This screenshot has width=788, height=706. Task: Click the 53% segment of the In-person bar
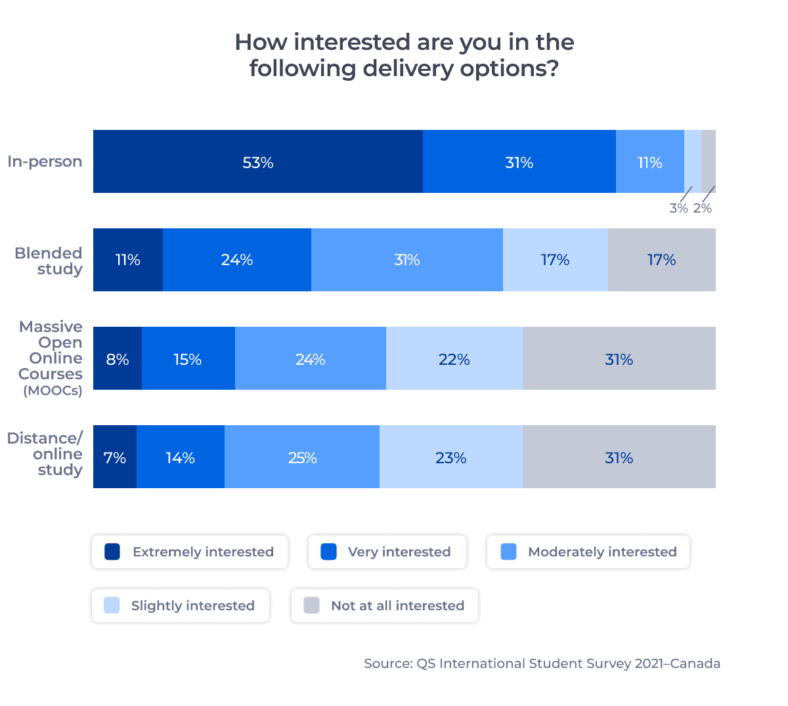point(258,161)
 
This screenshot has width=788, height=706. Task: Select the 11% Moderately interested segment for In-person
point(649,161)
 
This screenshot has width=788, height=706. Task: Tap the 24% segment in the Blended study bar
point(237,260)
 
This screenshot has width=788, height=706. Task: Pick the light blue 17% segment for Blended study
point(556,260)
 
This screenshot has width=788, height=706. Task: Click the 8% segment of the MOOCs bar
point(118,358)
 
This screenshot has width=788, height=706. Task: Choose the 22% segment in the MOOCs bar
point(454,358)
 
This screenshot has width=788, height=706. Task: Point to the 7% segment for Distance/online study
point(115,457)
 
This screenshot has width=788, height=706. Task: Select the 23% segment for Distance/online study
point(451,457)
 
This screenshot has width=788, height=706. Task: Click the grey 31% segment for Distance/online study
point(619,457)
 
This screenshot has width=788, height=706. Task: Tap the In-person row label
point(45,161)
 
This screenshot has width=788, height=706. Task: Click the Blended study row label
point(49,261)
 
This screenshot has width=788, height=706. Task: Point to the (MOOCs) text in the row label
point(53,391)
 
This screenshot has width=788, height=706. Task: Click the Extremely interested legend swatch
point(112,552)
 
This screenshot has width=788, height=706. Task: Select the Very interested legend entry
point(387,552)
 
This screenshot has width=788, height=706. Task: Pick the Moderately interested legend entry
point(588,552)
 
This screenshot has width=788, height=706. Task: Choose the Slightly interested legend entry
point(181,606)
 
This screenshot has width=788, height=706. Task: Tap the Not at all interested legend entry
point(385,606)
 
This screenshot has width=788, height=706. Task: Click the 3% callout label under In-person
point(678,209)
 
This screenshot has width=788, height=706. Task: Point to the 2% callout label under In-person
point(703,209)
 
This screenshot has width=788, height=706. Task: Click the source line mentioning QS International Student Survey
point(542,663)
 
